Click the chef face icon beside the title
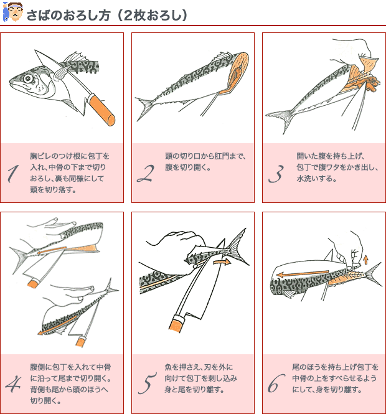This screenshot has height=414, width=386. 12,12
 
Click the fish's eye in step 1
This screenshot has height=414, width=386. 28,78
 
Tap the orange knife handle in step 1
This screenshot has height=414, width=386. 101,110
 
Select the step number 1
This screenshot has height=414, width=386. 13,174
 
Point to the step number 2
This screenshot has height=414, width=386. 146,173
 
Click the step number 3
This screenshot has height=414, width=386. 276,174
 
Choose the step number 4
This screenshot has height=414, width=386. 13,384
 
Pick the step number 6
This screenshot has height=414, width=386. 276,383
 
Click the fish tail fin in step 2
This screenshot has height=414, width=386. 144,108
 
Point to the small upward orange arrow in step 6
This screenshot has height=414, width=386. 365,260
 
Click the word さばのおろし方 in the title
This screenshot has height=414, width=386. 68,16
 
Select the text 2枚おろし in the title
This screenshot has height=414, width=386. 154,16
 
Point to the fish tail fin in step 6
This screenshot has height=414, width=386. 373,274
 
